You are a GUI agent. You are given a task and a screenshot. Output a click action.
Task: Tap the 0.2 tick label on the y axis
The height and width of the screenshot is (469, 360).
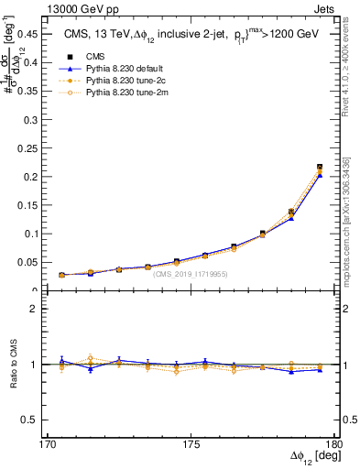[39, 177]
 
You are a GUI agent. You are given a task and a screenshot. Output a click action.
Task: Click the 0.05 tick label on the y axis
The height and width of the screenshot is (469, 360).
[37, 263]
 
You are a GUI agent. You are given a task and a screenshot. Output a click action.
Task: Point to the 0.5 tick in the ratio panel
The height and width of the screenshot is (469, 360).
[39, 420]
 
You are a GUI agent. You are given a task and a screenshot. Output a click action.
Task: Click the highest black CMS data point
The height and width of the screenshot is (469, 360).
[320, 167]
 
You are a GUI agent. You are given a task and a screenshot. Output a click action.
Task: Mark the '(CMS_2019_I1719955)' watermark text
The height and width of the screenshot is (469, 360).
[190, 274]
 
